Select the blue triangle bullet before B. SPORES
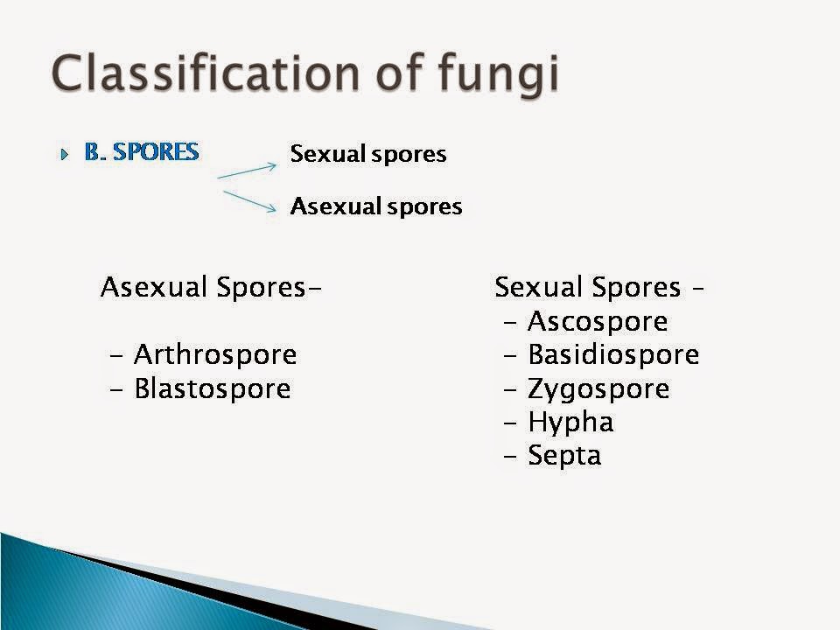(64, 154)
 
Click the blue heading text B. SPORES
(142, 152)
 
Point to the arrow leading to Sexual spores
(248, 169)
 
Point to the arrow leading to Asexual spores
(251, 200)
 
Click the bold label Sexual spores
(368, 155)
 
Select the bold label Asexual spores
(376, 207)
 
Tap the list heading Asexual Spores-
(210, 287)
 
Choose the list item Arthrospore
(215, 355)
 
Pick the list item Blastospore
(212, 388)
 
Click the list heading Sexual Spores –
(600, 287)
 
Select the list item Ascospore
(598, 322)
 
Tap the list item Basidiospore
(613, 355)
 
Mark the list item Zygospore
(598, 388)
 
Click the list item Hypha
(570, 423)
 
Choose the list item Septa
(564, 456)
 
